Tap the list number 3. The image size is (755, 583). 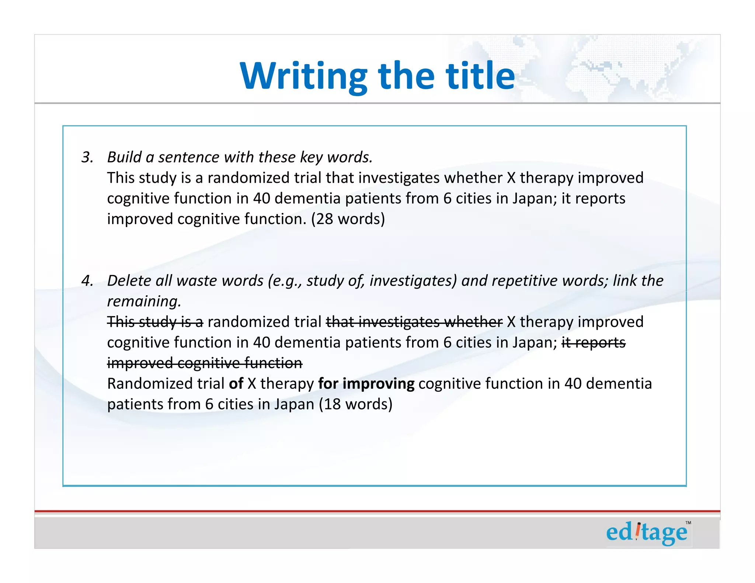coord(87,157)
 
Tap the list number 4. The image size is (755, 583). coord(87,281)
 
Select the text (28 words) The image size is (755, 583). coord(348,219)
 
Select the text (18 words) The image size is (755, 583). coord(355,404)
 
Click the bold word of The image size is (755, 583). coord(236,384)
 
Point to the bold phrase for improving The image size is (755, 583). coord(366,384)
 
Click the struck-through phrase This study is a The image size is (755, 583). coord(155,322)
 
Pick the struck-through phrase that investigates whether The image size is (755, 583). coord(414,322)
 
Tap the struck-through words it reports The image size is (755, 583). coord(593,343)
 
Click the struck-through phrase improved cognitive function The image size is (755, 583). coord(205,363)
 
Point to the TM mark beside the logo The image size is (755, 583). coord(688,523)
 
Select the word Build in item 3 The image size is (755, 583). coord(124,157)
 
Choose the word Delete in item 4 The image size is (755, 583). coord(129,281)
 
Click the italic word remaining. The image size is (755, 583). coord(144,301)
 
